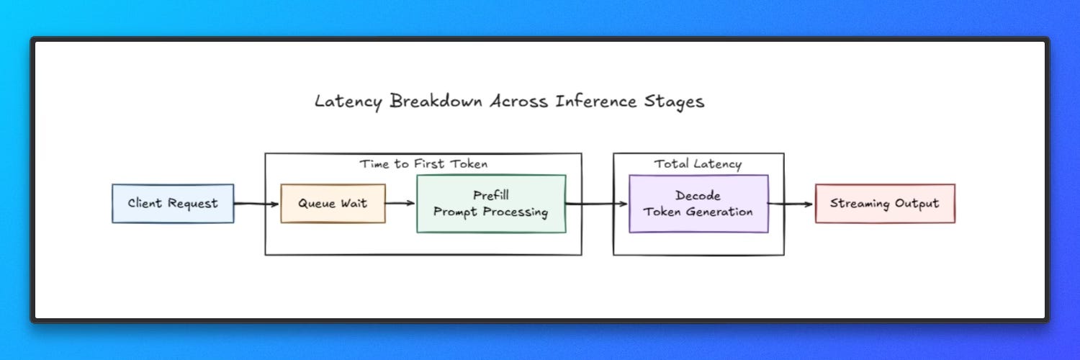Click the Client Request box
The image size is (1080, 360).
[x=173, y=203]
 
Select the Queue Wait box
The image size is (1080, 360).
[x=333, y=203]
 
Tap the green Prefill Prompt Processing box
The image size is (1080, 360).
[x=491, y=204]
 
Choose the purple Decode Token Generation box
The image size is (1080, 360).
[x=698, y=204]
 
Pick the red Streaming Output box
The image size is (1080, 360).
[x=885, y=203]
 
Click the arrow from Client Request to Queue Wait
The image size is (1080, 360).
[x=256, y=204]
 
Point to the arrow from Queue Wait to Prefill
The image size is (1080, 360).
[x=400, y=203]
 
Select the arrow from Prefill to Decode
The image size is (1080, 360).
[x=596, y=204]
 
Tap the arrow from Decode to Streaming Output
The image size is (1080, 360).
[x=791, y=204]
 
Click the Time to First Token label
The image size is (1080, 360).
[x=423, y=164]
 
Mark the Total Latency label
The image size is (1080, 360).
[x=698, y=164]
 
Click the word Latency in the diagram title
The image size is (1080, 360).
[x=348, y=102]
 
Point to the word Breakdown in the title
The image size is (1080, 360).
[x=436, y=102]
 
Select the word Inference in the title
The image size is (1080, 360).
[x=595, y=102]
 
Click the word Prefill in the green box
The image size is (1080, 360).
[x=491, y=195]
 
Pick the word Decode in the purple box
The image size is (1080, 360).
[x=698, y=196]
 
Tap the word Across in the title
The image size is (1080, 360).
[x=518, y=102]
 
